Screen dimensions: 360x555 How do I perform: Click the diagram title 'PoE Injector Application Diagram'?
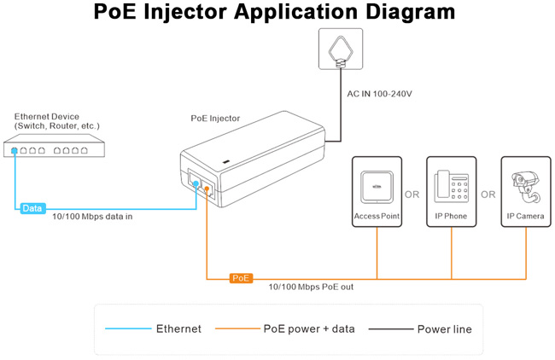click(277, 13)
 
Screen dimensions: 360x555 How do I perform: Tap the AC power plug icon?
click(340, 49)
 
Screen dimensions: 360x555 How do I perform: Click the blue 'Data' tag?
click(32, 208)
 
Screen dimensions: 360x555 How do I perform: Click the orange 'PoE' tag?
click(241, 278)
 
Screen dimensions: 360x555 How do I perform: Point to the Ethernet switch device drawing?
click(51, 150)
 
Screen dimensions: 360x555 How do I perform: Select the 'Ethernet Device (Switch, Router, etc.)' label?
click(56, 120)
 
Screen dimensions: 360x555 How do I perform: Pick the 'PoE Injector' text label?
click(215, 119)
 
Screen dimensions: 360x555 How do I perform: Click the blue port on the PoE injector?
click(196, 183)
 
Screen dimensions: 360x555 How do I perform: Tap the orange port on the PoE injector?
click(207, 189)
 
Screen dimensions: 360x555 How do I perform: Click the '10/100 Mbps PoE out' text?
click(311, 287)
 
